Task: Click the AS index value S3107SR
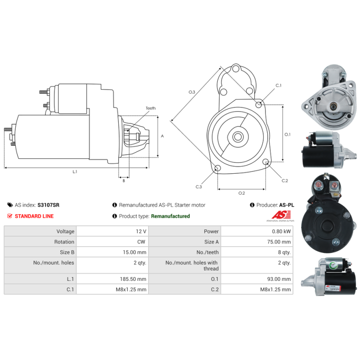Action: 48,205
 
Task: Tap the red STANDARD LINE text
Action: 34,216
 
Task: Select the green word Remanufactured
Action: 171,216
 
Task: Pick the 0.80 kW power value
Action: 281,231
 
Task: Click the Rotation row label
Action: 64,242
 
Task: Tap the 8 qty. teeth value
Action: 284,252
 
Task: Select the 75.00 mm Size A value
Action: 279,242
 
